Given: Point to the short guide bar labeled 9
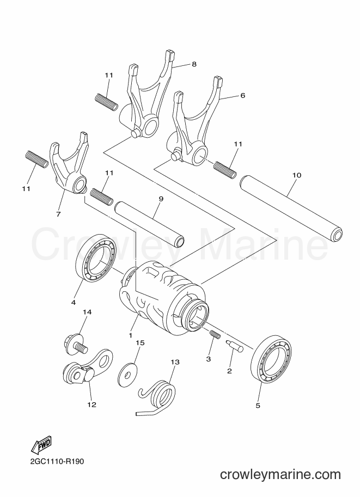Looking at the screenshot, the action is [x=149, y=224].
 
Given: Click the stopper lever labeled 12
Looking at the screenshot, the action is [x=87, y=367].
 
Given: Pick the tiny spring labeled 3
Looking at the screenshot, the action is [x=215, y=334].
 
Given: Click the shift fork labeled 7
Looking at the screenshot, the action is [x=68, y=165].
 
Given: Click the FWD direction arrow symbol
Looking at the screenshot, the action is [x=41, y=448].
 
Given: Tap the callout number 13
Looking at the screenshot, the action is [x=175, y=362].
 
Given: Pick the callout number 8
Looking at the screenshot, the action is [x=194, y=64].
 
